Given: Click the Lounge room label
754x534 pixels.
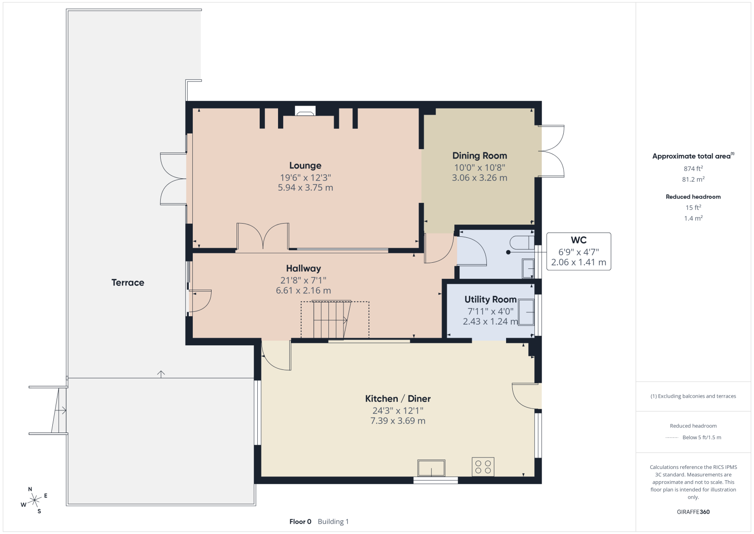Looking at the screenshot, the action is pos(305,166).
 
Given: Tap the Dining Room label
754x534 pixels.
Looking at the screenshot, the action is pos(479,156).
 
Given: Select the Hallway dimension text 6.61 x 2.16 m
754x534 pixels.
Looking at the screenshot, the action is pos(303,291).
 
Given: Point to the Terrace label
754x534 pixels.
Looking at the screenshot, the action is pos(128,282).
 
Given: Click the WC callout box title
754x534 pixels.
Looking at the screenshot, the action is pos(579,240).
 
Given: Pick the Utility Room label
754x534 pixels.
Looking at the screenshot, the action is pos(491,299).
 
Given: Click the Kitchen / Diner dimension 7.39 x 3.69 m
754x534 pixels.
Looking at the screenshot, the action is pos(398,421).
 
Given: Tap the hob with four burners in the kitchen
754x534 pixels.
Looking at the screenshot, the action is pos(483,467).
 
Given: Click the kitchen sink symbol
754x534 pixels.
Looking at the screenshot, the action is pos(431,468).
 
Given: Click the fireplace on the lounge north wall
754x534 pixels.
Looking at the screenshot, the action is pos(305,111).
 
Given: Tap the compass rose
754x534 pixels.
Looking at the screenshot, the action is pos(34,501).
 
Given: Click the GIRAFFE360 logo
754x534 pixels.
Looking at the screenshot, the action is pos(693,512).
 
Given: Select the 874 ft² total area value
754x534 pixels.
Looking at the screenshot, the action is pos(693,168).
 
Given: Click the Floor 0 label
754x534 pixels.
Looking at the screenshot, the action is pos(300,522).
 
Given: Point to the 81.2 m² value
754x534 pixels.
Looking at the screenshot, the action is pos(693,179).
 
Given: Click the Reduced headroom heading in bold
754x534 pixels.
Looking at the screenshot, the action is pos(693,197).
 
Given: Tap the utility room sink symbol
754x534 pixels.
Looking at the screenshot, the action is pos(526,312).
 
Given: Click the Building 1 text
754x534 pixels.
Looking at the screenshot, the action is pos(333,522).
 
